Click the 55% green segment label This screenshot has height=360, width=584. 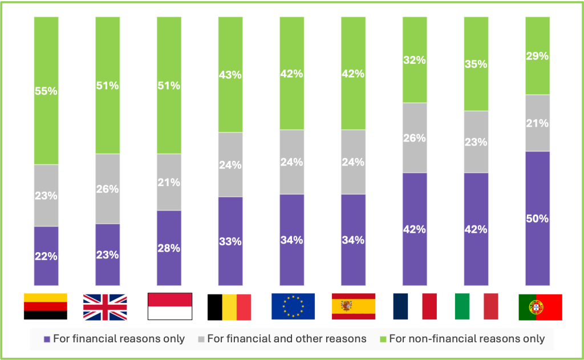[46, 91]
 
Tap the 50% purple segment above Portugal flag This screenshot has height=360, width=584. [537, 219]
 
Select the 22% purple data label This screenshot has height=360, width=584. [46, 256]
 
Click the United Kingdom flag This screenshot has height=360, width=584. [105, 306]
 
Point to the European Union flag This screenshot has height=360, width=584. [293, 306]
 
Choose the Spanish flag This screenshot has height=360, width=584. [354, 306]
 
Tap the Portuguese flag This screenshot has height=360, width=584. [540, 307]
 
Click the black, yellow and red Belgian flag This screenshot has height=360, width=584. [229, 306]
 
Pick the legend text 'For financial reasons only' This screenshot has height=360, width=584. [119, 339]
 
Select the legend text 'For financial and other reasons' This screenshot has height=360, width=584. [286, 339]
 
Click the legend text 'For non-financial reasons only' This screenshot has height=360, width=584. [467, 339]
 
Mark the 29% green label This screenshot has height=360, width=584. [537, 56]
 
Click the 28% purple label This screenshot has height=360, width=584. [169, 248]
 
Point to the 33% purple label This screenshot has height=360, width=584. [230, 241]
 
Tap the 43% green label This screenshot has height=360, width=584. [230, 75]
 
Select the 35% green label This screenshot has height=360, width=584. [476, 64]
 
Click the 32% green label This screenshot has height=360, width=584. [415, 60]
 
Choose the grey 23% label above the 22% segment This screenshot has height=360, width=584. [46, 196]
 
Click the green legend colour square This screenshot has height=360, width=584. [383, 339]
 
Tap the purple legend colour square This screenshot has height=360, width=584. [47, 339]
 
